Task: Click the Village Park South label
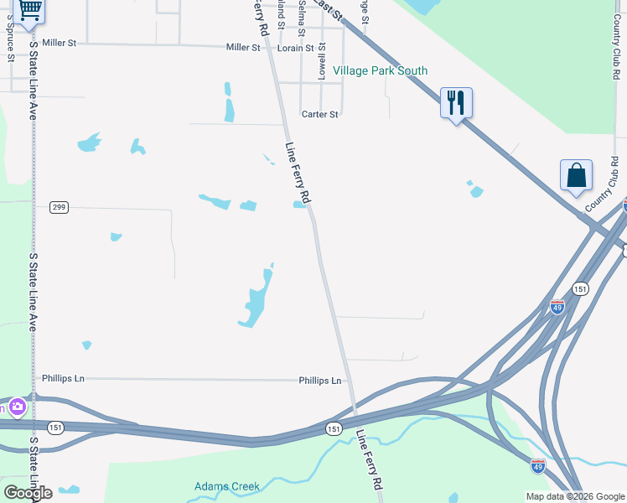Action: [380, 71]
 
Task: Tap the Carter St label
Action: [319, 114]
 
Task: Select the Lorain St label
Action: [295, 49]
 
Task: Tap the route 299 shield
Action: [58, 207]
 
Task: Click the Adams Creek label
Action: [227, 486]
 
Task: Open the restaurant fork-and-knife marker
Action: [456, 103]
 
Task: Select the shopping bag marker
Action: [576, 175]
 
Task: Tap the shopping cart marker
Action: [30, 11]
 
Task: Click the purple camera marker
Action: [17, 407]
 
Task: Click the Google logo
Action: [28, 493]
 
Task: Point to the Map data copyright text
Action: [574, 496]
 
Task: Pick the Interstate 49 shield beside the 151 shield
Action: [557, 308]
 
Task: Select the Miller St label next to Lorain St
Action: [243, 48]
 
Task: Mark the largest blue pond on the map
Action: [256, 299]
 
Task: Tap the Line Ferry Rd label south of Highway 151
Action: [370, 460]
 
